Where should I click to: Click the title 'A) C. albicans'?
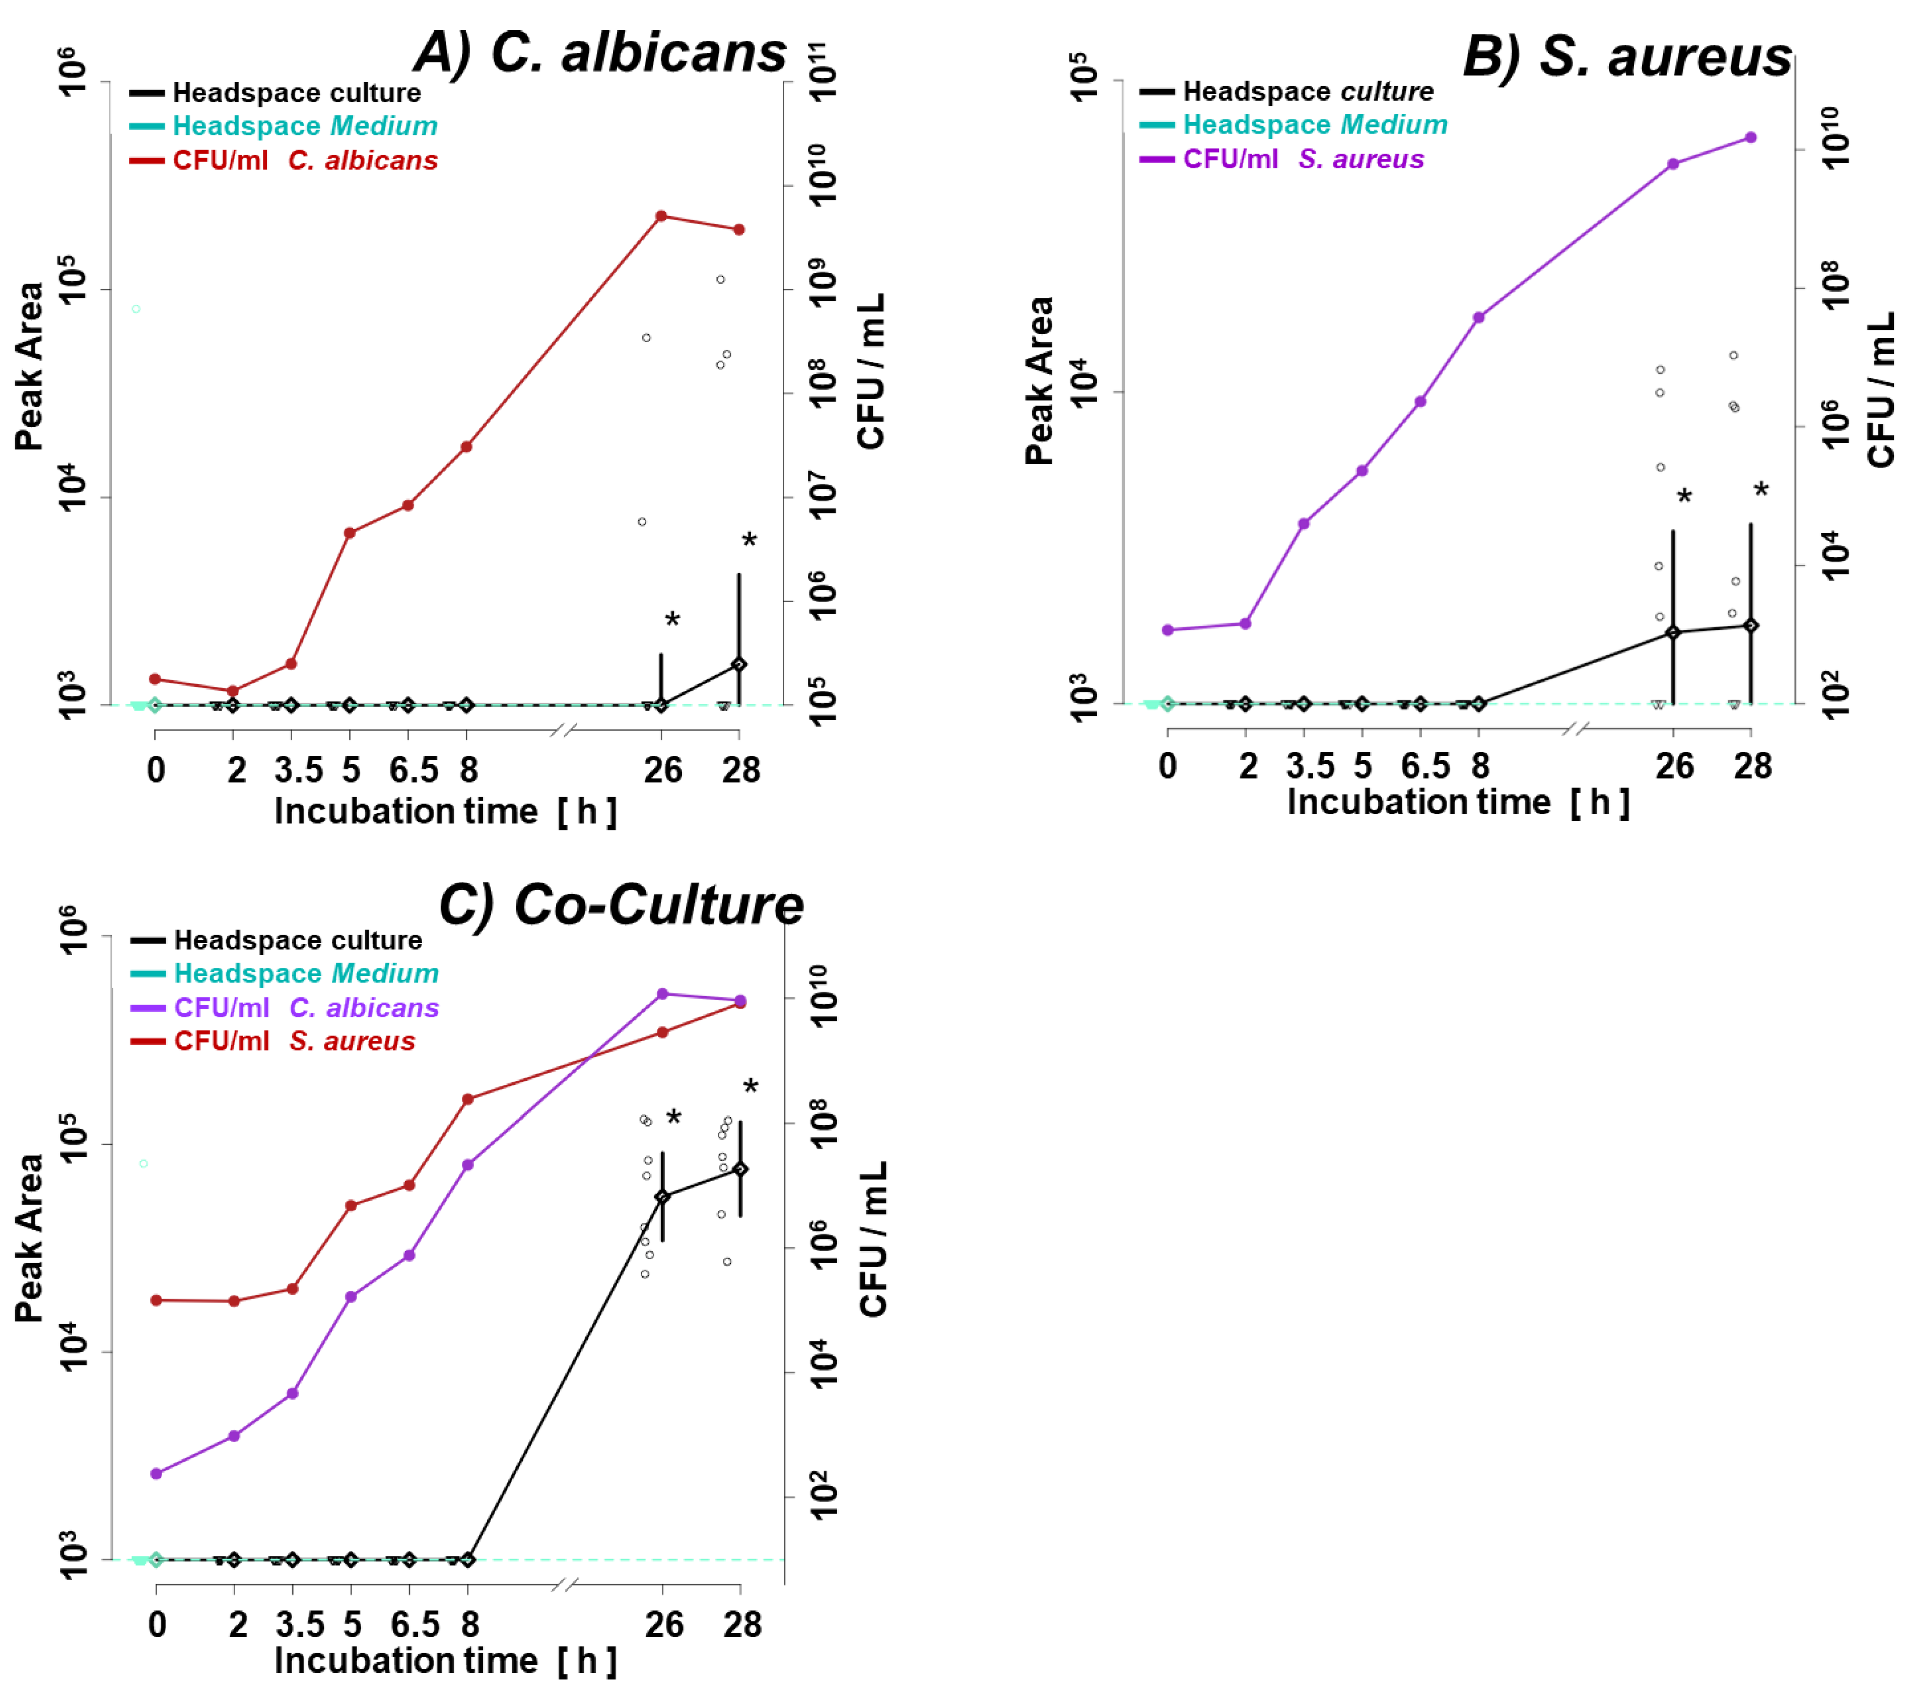(600, 53)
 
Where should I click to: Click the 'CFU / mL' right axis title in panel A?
(870, 372)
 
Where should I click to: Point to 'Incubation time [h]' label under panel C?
(445, 1660)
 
